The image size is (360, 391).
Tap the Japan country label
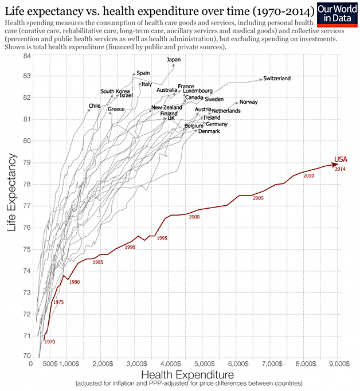[173, 60]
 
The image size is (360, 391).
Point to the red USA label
[341, 159]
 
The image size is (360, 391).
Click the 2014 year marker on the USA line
[340, 169]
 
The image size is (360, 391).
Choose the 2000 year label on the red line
[194, 217]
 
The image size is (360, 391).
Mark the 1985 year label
[97, 262]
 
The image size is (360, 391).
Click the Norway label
[248, 102]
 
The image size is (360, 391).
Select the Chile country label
[95, 106]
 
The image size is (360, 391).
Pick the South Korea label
[115, 91]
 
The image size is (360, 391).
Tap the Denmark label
[209, 131]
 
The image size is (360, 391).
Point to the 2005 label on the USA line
[258, 198]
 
